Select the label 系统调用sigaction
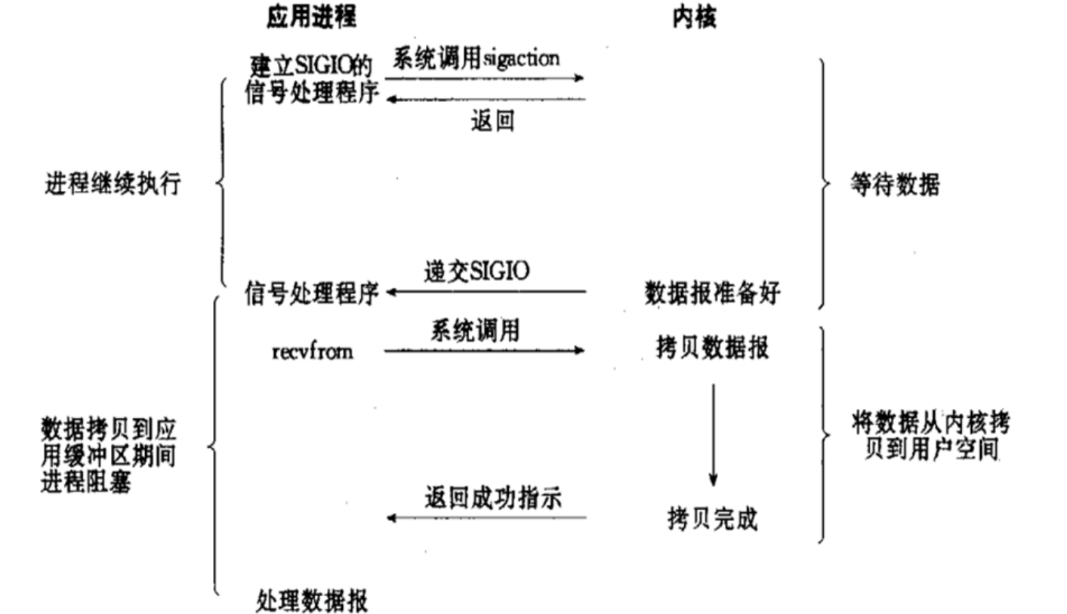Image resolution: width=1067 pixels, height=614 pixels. pyautogui.click(x=476, y=59)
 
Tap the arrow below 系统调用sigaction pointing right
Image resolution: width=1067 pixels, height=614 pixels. pyautogui.click(x=484, y=78)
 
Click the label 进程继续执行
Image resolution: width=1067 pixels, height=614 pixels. pyautogui.click(x=113, y=184)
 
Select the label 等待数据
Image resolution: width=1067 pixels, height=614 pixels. pyautogui.click(x=895, y=185)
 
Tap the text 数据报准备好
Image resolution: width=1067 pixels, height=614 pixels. pyautogui.click(x=711, y=293)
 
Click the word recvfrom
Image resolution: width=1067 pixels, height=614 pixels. pyautogui.click(x=312, y=352)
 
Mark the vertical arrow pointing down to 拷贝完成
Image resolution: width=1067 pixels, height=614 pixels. pyautogui.click(x=713, y=434)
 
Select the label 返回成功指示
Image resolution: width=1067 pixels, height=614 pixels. pyautogui.click(x=492, y=498)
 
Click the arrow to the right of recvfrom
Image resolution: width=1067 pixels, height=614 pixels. pyautogui.click(x=484, y=350)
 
